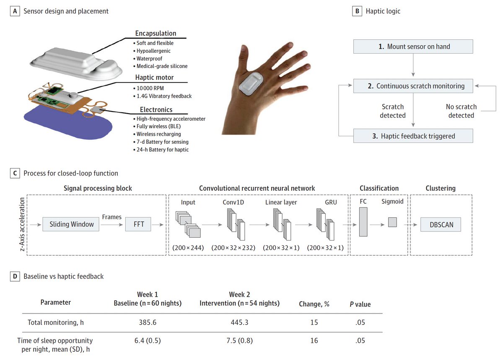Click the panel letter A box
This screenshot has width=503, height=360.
point(16,11)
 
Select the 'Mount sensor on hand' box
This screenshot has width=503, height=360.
point(413,47)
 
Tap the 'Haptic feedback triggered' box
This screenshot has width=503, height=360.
point(413,136)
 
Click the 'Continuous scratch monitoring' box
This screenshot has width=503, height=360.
point(413,86)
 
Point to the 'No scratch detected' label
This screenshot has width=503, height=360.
point(461,111)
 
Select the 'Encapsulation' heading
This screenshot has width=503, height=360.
point(156,34)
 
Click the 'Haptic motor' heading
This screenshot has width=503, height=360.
point(154,77)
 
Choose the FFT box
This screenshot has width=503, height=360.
point(139,224)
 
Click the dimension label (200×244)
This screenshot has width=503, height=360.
point(188,248)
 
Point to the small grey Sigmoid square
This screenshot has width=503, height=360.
point(392,222)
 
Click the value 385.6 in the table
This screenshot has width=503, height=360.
point(148,322)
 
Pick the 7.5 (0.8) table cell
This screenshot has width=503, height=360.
point(239,341)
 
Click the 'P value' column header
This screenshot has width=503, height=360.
point(360,304)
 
